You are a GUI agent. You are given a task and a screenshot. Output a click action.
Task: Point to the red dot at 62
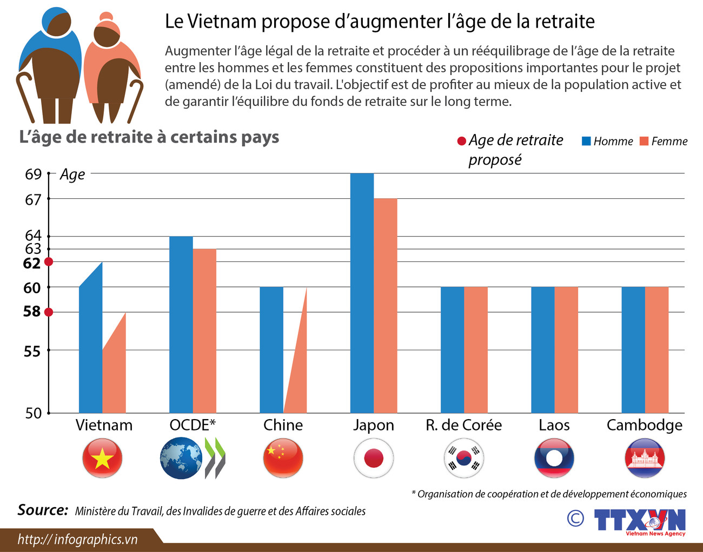pos(49,262)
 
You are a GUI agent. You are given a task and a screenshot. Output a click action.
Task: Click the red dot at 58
pos(49,312)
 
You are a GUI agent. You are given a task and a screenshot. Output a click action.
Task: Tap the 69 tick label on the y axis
pos(33,174)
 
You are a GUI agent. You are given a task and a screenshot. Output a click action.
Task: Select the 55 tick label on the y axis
pos(32,351)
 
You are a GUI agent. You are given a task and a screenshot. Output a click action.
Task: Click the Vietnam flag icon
pos(102,458)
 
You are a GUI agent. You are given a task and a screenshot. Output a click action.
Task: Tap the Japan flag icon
pos(374,458)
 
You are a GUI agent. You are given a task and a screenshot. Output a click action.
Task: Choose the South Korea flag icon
pos(464,458)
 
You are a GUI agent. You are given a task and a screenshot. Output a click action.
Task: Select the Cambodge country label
pos(644,425)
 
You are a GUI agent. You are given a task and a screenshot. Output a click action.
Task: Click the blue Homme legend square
pos(586,141)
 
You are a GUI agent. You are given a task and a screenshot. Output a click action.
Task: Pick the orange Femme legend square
pos(644,141)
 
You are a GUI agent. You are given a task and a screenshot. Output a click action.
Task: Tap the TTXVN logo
pos(640,521)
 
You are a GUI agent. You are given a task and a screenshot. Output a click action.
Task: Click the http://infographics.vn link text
pos(77,539)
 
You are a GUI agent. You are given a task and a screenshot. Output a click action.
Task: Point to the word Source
pos(43,510)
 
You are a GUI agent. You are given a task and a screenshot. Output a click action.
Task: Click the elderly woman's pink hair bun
pos(106,16)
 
